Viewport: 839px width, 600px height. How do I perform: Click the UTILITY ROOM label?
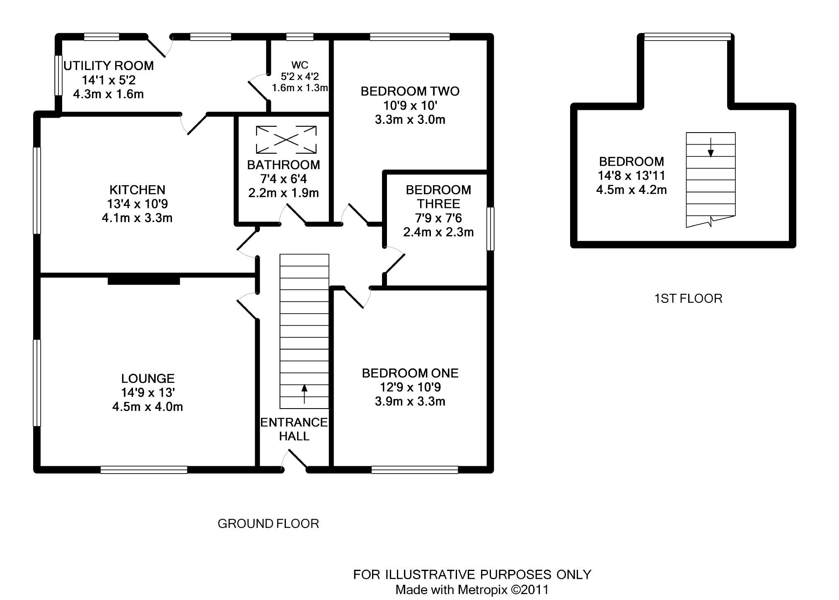(109, 65)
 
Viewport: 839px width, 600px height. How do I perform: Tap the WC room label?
(300, 65)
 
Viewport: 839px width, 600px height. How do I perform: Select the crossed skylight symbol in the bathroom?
(286, 140)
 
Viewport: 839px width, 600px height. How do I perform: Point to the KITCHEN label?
(137, 190)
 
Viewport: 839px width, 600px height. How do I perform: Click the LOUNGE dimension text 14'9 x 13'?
(147, 392)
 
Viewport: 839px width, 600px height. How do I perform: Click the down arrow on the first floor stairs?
(711, 148)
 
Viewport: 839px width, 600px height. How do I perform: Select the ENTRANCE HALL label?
(294, 429)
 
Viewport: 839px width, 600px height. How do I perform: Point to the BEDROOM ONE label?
(410, 373)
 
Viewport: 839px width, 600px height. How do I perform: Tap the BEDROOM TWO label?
(410, 91)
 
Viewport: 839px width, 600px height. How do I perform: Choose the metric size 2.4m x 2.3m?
(438, 232)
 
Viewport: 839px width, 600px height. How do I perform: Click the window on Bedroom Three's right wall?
(490, 229)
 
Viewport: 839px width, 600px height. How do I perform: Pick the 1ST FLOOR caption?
(688, 299)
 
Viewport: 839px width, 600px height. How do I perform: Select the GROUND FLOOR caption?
(268, 524)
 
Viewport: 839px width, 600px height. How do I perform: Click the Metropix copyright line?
(472, 590)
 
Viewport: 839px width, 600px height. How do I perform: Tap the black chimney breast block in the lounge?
(144, 281)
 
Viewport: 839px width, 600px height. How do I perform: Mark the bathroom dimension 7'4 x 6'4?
(283, 179)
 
